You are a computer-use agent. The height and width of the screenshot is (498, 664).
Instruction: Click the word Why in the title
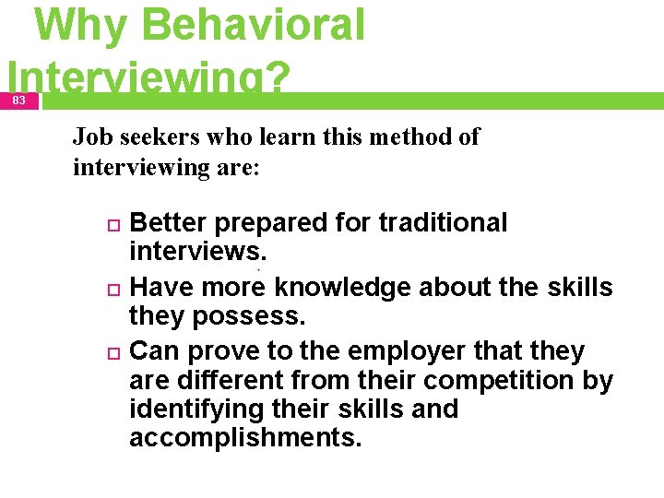click(77, 26)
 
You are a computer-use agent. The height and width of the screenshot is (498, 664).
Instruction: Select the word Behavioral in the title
click(254, 26)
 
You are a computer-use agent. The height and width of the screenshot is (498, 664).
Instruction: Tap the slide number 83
click(19, 100)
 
